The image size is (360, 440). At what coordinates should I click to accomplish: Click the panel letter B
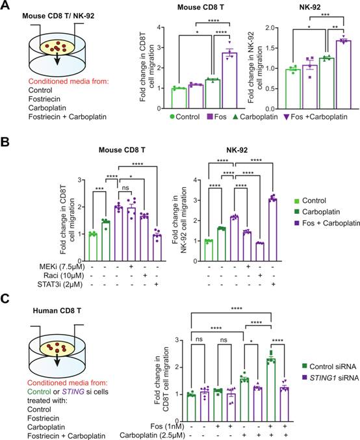(x=5, y=142)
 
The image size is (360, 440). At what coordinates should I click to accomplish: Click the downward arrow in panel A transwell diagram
(x=57, y=58)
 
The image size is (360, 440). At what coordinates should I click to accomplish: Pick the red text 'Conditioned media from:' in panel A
(x=68, y=81)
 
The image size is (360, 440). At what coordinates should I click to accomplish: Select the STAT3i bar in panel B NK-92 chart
(x=272, y=230)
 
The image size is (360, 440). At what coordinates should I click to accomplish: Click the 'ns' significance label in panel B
(x=125, y=187)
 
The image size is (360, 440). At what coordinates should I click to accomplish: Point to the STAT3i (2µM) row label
(x=60, y=284)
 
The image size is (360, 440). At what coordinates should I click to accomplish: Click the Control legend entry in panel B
(x=310, y=201)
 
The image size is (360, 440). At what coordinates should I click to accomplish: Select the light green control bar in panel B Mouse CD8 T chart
(x=93, y=247)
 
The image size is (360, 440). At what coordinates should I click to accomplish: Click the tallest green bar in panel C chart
(x=271, y=390)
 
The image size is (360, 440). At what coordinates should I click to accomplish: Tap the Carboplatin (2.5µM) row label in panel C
(x=152, y=435)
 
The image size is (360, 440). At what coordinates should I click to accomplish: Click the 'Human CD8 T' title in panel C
(x=57, y=311)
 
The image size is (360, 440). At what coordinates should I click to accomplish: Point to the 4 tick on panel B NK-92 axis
(x=196, y=180)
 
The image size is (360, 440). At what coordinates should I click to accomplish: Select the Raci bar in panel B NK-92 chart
(x=260, y=252)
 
